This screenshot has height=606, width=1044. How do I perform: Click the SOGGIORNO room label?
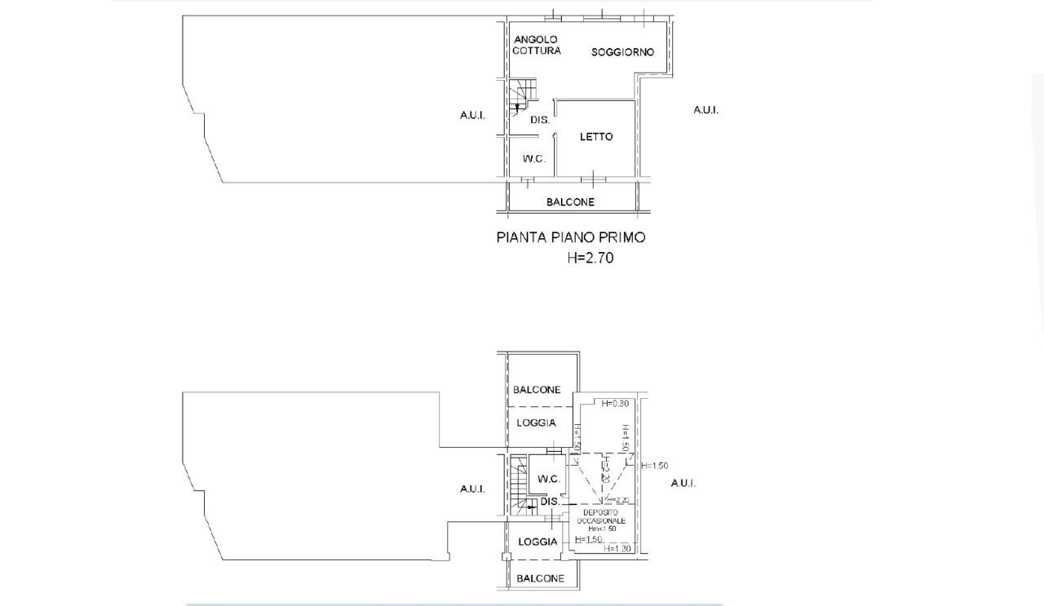pos(622,52)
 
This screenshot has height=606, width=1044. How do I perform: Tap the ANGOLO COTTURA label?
pos(537,45)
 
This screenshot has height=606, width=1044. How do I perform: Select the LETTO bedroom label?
pos(596,137)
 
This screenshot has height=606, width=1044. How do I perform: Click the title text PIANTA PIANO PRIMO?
pos(571,237)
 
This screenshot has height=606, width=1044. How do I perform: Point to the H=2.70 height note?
pos(591,259)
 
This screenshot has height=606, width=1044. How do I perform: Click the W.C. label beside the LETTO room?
pos(534,159)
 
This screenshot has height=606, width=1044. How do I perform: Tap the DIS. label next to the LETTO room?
pos(539,120)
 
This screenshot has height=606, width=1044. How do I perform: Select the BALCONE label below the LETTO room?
pos(570,202)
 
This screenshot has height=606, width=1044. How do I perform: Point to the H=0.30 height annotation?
pos(614,403)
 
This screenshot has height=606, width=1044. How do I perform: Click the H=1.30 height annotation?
pos(617,549)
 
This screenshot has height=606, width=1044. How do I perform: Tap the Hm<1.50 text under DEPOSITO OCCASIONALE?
pos(602,529)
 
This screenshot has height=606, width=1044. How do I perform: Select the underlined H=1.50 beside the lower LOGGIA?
pos(588,539)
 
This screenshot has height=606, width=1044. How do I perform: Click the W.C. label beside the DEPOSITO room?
pos(548,480)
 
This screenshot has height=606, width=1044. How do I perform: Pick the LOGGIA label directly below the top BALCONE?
pos(537,422)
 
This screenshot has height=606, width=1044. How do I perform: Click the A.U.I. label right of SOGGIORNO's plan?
pos(706,110)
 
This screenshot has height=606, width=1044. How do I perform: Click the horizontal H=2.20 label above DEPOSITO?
pos(617,500)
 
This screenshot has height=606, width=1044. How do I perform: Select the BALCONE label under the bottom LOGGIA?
pos(540,578)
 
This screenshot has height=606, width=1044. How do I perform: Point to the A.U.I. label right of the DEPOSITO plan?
pos(683,484)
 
